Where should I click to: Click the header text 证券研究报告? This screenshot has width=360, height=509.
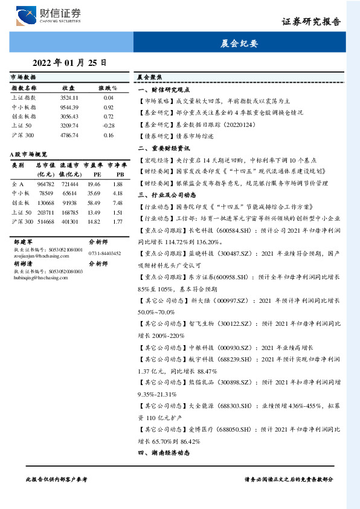311,22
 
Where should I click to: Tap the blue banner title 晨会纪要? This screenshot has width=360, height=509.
239,44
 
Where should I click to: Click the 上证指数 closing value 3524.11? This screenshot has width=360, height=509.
69,97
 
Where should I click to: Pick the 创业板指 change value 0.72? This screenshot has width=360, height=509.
109,115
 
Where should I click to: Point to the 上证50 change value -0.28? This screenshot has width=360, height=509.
109,125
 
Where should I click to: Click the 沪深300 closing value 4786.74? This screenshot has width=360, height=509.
69,135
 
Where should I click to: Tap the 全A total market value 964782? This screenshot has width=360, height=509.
46,183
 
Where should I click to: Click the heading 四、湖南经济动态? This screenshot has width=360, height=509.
164,452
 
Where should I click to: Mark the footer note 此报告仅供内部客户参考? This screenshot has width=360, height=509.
57,478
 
